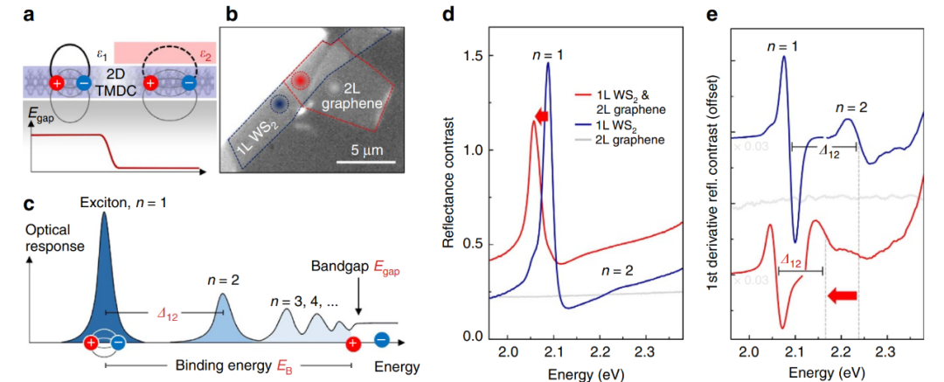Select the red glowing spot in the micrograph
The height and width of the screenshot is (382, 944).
coord(301,80)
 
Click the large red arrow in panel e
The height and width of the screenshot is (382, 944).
coord(842,297)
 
